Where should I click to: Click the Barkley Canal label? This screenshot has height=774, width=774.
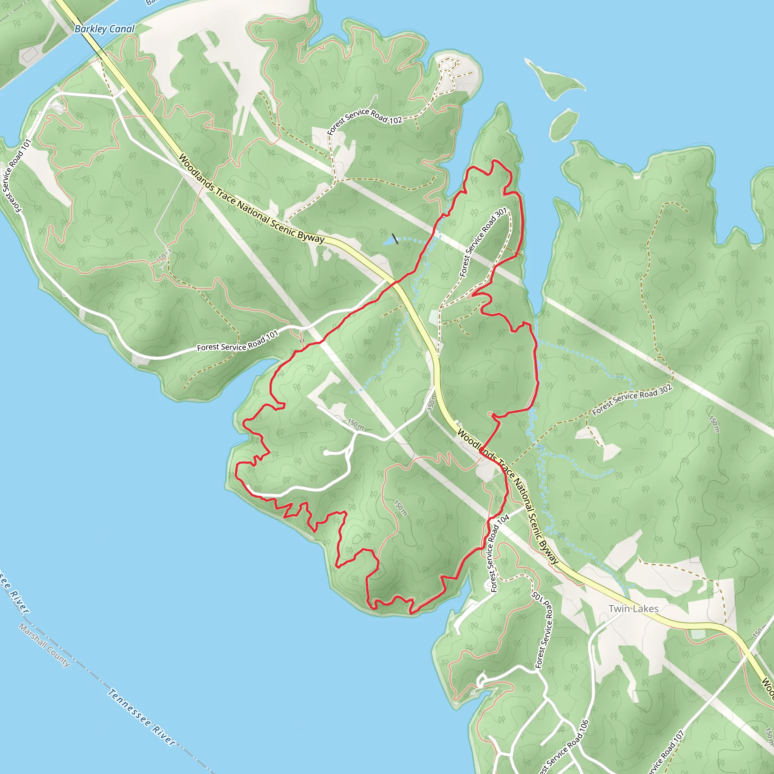point(105,29)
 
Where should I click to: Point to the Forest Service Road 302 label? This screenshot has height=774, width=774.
point(632,399)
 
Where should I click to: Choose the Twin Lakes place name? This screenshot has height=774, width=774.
point(633,608)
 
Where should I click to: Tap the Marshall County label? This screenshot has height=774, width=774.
point(45,645)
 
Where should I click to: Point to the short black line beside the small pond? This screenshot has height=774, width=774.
point(395,239)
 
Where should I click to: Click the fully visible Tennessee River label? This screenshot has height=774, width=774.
point(141,717)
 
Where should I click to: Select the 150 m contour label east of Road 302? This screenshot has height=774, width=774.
point(714,425)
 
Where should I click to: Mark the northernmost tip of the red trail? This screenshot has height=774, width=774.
point(495,161)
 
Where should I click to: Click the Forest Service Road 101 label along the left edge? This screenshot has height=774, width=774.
point(16,176)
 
